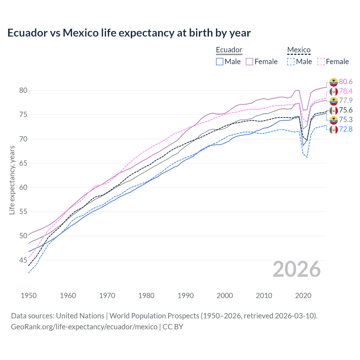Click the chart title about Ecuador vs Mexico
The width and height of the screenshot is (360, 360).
129,33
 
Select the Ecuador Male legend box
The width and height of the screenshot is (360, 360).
220,62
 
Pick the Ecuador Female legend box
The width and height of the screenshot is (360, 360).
249,62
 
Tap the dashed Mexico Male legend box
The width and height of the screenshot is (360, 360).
291,62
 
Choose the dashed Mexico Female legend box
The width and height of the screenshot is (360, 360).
321,62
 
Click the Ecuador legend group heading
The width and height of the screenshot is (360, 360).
229,50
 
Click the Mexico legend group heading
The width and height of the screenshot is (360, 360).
299,50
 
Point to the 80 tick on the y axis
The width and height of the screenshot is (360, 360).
23,90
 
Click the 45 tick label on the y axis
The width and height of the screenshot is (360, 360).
23,260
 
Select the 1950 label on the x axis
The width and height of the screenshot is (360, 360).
29,296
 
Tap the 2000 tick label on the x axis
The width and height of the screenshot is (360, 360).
225,296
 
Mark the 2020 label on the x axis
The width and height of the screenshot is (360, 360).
303,296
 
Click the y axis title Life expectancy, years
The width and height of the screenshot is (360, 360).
12,180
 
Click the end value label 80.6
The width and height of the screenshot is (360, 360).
346,82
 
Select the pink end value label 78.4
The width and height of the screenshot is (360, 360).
346,91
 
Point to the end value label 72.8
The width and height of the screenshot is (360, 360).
346,129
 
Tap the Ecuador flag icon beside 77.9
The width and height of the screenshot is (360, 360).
334,101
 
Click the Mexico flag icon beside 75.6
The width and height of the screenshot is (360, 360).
334,110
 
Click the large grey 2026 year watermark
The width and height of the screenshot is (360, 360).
297,269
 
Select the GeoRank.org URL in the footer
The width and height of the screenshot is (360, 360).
84,327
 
